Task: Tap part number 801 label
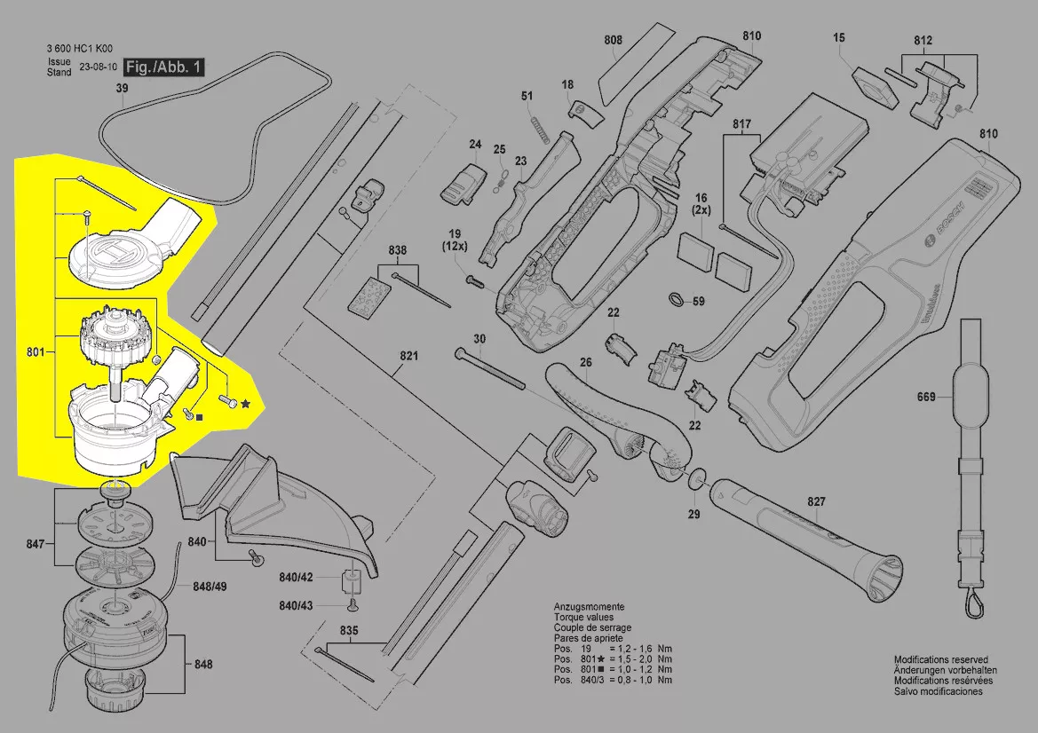pyautogui.click(x=36, y=353)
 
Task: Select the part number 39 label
pyautogui.click(x=122, y=88)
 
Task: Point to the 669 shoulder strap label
pyautogui.click(x=926, y=398)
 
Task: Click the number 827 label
pyautogui.click(x=816, y=501)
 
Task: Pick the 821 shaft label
pyautogui.click(x=408, y=357)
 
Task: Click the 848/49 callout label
pyautogui.click(x=210, y=587)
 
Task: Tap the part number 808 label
pyautogui.click(x=613, y=40)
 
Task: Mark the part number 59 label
pyautogui.click(x=698, y=302)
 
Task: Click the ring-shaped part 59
pyautogui.click(x=675, y=299)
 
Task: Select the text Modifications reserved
pyautogui.click(x=940, y=660)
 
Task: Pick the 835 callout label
pyautogui.click(x=349, y=631)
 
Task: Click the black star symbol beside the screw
pyautogui.click(x=245, y=404)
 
